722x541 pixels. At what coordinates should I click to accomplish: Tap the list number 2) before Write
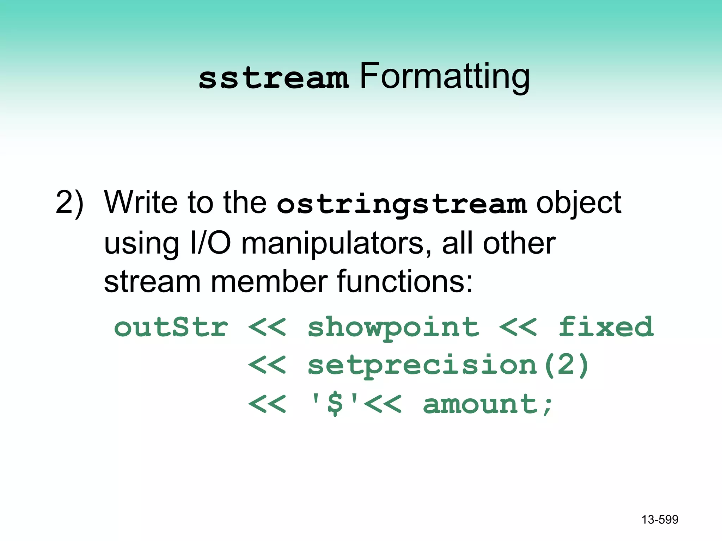pos(70,204)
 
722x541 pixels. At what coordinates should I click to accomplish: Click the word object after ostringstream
pos(579,204)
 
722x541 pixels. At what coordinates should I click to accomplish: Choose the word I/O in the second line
pos(210,244)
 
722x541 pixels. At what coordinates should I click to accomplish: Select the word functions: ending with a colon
pos(405,282)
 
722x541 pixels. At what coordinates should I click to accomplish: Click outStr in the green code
pos(171,327)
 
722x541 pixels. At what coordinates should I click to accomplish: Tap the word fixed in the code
pos(606,327)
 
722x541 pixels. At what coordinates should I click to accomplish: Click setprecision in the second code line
pos(422,366)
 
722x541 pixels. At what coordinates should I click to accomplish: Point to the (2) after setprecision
pos(566,366)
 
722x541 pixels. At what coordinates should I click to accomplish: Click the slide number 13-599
pos(660,520)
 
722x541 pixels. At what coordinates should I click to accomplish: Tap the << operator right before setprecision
pos(267,366)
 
